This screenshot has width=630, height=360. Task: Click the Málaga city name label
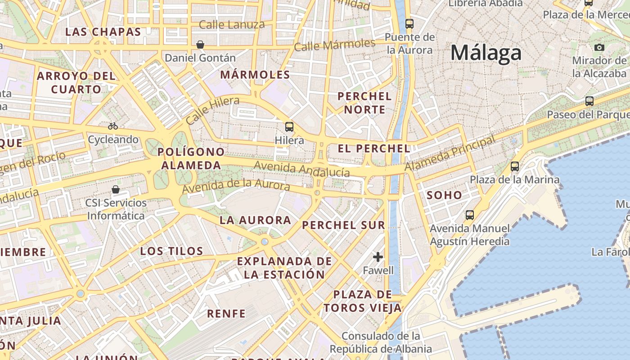pos(486,53)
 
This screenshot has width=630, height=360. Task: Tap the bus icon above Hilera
pos(289,127)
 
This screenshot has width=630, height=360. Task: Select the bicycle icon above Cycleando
pos(113,126)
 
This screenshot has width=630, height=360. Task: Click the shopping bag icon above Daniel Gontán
pos(200,45)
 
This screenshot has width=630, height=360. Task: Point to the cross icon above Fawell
pos(378,257)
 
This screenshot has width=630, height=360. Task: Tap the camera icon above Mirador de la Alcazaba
pos(599,47)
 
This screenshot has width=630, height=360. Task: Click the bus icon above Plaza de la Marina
pos(515,166)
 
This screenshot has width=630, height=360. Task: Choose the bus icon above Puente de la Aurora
pos(409,23)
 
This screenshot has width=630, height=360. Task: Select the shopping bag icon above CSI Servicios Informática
pos(116,189)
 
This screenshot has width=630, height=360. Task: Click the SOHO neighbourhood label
pos(444,195)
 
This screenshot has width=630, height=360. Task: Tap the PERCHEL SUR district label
pos(344,225)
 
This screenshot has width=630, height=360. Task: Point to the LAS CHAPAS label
pos(103,32)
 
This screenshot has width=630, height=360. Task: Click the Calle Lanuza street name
pos(232,25)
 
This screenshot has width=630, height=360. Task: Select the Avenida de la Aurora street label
pos(236,185)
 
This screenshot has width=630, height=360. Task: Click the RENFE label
pos(226,314)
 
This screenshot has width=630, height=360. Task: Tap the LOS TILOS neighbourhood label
pos(172,251)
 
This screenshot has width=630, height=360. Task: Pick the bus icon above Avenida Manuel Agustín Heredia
pos(470,215)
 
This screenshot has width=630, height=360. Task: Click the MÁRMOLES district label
pos(255,75)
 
